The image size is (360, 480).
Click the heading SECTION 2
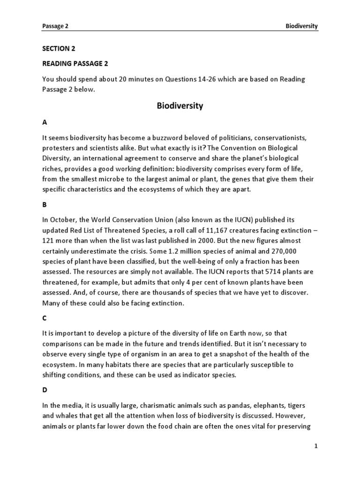59,49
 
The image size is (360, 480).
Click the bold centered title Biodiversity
180,106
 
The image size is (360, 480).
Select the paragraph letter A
45,122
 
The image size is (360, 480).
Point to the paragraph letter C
45,318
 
